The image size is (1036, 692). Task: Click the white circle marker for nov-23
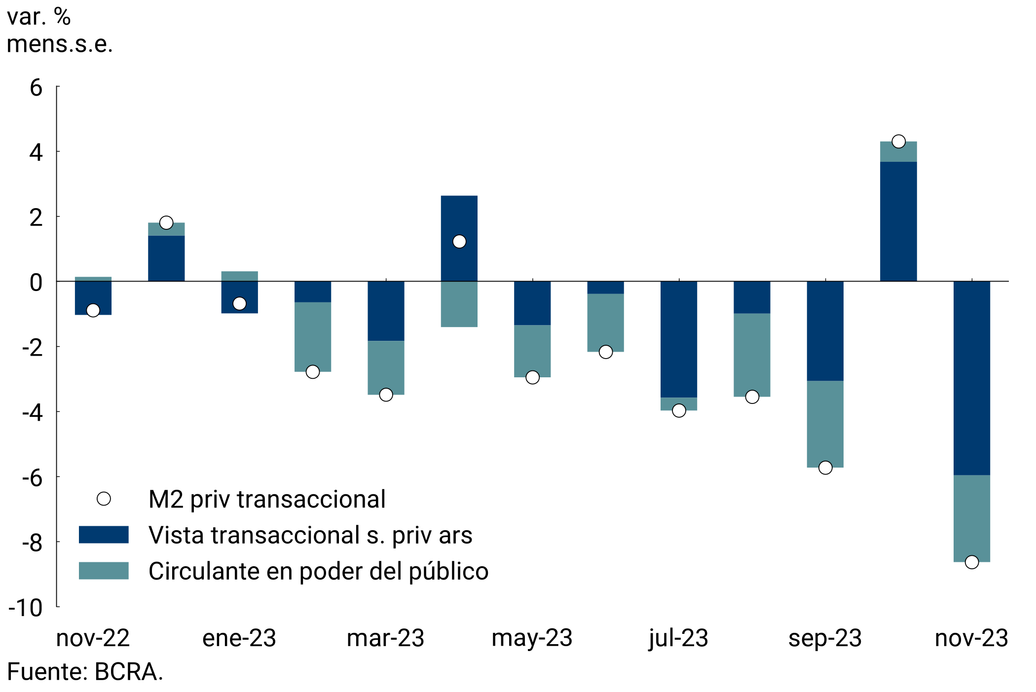[971, 562]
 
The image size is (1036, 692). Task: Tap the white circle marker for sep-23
[825, 468]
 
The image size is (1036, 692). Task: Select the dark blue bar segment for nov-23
[971, 378]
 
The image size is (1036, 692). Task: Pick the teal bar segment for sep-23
[825, 424]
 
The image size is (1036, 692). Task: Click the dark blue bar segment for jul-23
[678, 339]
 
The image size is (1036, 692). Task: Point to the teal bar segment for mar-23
[386, 367]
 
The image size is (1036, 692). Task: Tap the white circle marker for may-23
[532, 377]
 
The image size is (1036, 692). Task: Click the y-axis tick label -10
[26, 608]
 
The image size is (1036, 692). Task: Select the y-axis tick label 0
[36, 283]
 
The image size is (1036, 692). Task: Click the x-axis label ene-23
[239, 638]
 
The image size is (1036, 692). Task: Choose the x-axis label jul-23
[678, 638]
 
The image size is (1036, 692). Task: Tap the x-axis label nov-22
[93, 638]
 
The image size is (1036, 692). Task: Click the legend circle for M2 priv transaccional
[104, 499]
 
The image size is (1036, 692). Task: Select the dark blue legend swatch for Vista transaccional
[104, 535]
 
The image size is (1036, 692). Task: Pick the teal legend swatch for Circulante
[104, 571]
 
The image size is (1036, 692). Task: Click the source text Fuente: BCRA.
[85, 672]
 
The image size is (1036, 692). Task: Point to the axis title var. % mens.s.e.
[59, 31]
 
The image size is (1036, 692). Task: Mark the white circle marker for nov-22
[93, 310]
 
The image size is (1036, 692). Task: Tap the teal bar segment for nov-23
[971, 518]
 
